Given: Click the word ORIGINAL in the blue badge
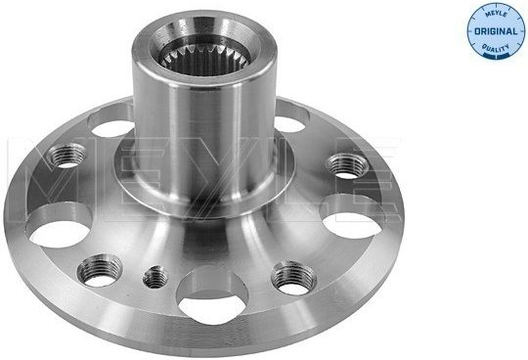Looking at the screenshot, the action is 496,31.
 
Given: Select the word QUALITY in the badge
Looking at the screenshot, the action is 496,48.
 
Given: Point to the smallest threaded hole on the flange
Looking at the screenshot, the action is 155,277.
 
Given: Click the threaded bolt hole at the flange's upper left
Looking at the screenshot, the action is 66,156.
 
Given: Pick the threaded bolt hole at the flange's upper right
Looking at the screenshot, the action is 347,165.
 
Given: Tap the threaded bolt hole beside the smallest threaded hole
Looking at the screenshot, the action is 100,270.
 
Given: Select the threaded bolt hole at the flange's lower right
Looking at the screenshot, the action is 293,278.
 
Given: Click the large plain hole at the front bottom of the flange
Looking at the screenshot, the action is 212,295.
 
